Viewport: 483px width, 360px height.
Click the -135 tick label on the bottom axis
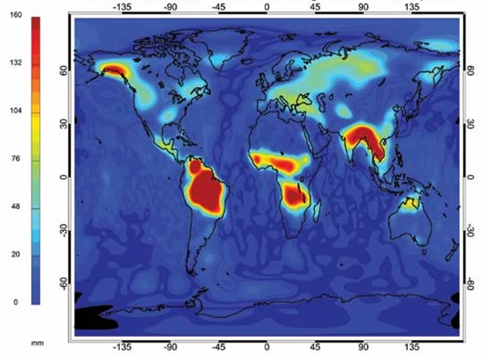122,349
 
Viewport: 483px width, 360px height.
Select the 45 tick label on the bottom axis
315,349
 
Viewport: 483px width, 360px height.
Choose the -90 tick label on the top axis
170,6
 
